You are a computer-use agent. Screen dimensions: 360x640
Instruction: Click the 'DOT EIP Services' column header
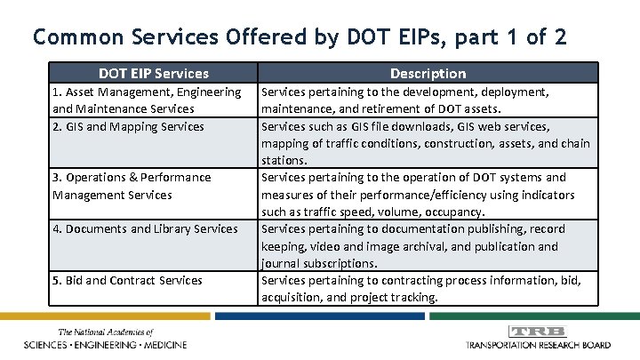tap(154, 73)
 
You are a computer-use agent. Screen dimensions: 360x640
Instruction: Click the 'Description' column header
tap(427, 73)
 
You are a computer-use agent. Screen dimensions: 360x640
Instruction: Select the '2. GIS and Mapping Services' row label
tap(128, 126)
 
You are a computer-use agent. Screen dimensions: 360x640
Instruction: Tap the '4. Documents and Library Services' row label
tap(145, 228)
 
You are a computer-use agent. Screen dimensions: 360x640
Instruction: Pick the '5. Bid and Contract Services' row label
tap(127, 280)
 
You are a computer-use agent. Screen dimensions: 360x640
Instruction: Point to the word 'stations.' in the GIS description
tap(284, 161)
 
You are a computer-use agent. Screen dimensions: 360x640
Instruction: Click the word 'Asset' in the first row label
tap(82, 92)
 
